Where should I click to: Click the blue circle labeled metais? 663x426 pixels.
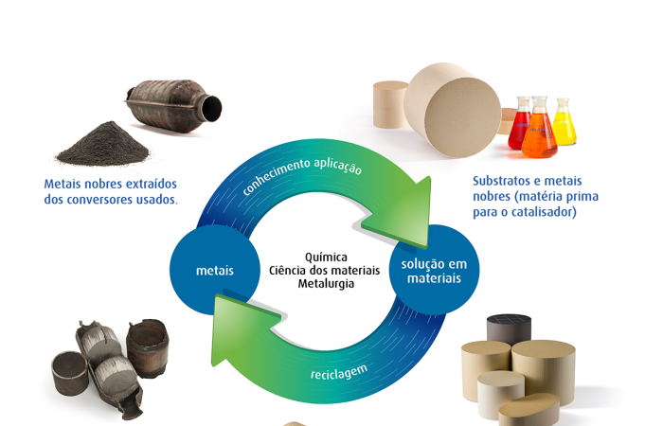[x=215, y=270]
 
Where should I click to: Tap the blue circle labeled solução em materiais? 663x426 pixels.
[x=434, y=270]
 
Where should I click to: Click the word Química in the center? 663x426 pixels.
[x=326, y=257]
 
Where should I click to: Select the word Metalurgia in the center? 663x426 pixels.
[x=326, y=284]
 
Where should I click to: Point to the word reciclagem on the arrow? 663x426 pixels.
[x=339, y=372]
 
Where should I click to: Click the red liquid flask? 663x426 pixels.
[x=519, y=125]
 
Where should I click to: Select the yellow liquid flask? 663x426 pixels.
[x=564, y=122]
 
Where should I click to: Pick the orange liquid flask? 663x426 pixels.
[x=539, y=129]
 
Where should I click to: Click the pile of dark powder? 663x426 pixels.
[x=103, y=145]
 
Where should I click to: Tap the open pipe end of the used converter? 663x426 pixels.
[x=211, y=109]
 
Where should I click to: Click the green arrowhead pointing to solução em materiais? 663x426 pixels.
[x=400, y=216]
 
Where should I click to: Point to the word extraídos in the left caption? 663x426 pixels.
[x=152, y=184]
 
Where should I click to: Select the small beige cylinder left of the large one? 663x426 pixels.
[x=390, y=104]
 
